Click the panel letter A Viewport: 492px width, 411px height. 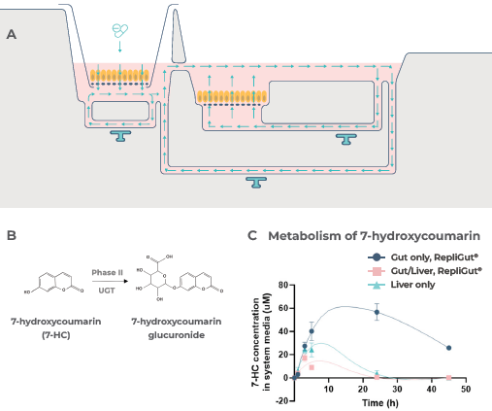click(x=11, y=34)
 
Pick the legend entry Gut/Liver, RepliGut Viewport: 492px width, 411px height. click(x=410, y=270)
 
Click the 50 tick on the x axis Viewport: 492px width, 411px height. click(x=466, y=389)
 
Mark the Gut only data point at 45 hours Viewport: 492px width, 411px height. click(x=448, y=347)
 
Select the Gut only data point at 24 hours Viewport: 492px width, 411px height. click(x=377, y=313)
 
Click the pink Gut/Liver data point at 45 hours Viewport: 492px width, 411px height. click(x=448, y=377)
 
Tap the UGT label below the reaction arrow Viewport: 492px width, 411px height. click(x=101, y=290)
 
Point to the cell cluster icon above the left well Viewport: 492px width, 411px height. click(x=118, y=32)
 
